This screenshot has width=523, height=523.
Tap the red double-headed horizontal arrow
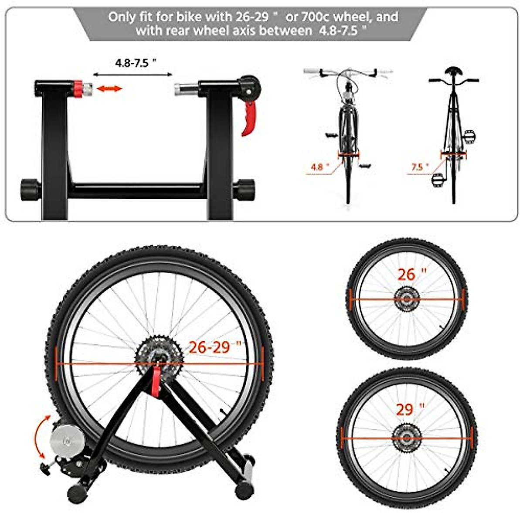coord(109,89)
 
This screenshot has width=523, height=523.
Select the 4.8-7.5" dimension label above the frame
coord(136,63)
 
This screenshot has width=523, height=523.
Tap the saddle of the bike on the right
coord(453,71)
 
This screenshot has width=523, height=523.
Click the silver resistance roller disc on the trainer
coord(66,441)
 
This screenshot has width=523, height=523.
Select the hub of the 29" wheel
coord(407,438)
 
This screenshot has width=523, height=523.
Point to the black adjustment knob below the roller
coord(46,468)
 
